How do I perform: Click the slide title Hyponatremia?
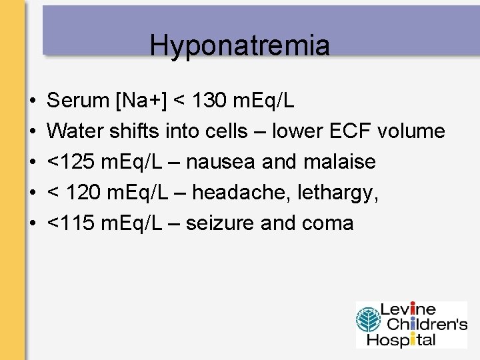[239, 45]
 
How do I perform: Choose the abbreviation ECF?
[351, 131]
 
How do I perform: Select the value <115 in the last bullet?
[70, 223]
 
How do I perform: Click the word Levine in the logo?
[408, 310]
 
